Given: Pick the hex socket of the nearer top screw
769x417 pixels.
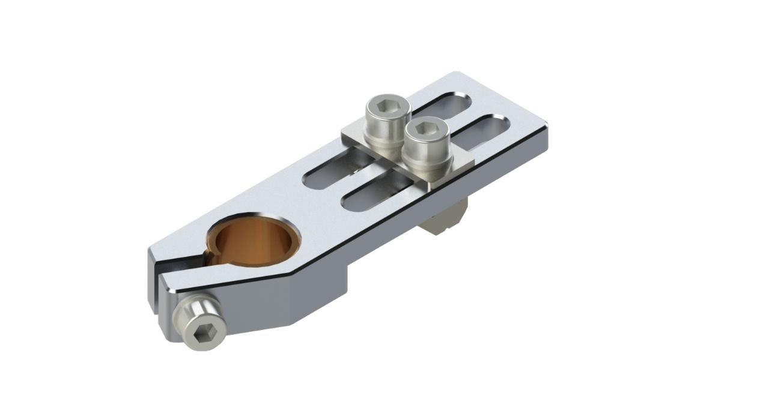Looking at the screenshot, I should pos(425,129).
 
